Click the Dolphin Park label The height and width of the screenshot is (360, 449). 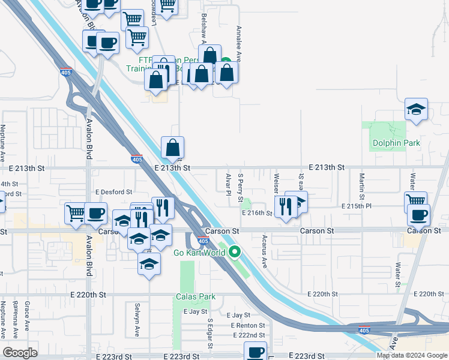pos(396,143)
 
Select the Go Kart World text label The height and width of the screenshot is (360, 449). pos(199,253)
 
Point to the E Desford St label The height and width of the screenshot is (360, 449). pos(113,192)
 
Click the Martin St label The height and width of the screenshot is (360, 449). pos(362,186)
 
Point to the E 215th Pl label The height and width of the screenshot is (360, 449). pos(357,206)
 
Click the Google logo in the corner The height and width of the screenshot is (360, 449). pos(20,352)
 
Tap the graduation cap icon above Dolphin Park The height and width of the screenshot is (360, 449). pos(416,109)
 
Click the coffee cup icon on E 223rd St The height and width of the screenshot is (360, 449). pos(255,351)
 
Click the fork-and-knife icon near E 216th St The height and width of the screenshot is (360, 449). pos(285,206)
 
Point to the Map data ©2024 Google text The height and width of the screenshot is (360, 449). pos(411,355)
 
